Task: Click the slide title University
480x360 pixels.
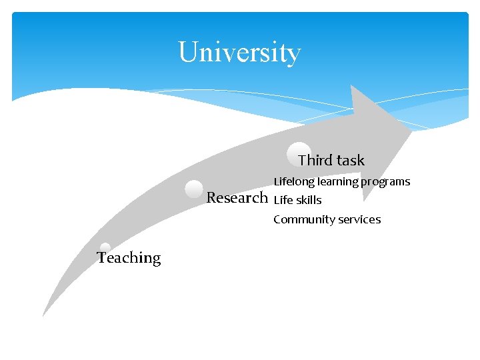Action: tap(239, 52)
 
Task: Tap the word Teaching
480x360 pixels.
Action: tap(129, 258)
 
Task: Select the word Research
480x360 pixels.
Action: tap(237, 197)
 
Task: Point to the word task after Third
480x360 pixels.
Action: tap(351, 160)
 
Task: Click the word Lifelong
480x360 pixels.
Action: tap(294, 181)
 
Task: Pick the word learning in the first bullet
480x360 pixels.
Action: tap(337, 181)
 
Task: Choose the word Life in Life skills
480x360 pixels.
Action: tap(283, 200)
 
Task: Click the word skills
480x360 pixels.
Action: tap(309, 200)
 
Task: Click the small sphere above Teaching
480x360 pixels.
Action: tap(105, 247)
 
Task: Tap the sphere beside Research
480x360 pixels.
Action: tap(194, 189)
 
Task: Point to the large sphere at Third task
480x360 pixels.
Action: tap(299, 153)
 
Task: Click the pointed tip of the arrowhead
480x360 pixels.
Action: tap(411, 129)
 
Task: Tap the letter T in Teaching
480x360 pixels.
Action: tap(101, 258)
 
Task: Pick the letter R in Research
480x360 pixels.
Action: tap(212, 197)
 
